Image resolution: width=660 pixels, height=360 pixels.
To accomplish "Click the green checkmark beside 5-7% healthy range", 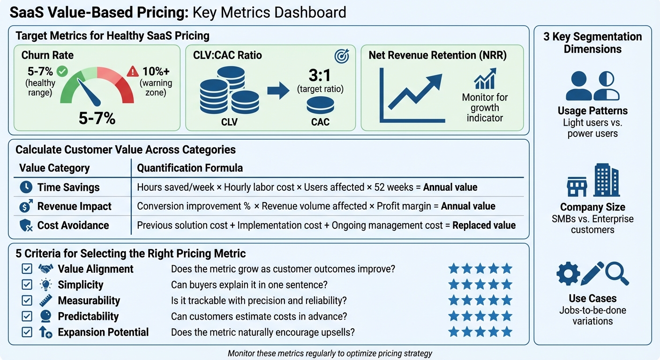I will coord(62,72).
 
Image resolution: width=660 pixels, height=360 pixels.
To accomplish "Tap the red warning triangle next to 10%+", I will coord(133,72).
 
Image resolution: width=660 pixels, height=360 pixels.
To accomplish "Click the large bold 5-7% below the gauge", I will coord(97,118).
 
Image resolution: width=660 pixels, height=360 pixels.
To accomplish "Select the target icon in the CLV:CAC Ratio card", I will coord(342,56).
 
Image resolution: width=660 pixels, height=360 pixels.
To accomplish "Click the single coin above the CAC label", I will coord(320,105).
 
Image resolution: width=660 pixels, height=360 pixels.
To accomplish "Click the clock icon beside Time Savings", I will coord(26,187).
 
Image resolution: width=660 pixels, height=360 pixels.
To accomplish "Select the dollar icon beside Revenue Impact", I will coord(26,206).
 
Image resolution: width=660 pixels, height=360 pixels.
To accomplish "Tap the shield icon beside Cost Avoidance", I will coord(26,225).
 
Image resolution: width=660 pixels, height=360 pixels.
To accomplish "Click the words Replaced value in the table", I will coord(484,225).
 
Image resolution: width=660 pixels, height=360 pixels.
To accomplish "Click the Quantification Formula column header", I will coord(190,168).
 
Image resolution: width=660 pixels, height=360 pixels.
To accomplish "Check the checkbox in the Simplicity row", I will coord(27,285).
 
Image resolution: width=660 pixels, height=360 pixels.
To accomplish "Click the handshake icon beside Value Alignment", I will coord(45,269).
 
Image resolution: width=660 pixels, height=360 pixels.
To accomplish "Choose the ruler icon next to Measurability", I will coord(45,300).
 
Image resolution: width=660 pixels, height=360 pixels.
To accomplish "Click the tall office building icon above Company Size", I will coord(606,180).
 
